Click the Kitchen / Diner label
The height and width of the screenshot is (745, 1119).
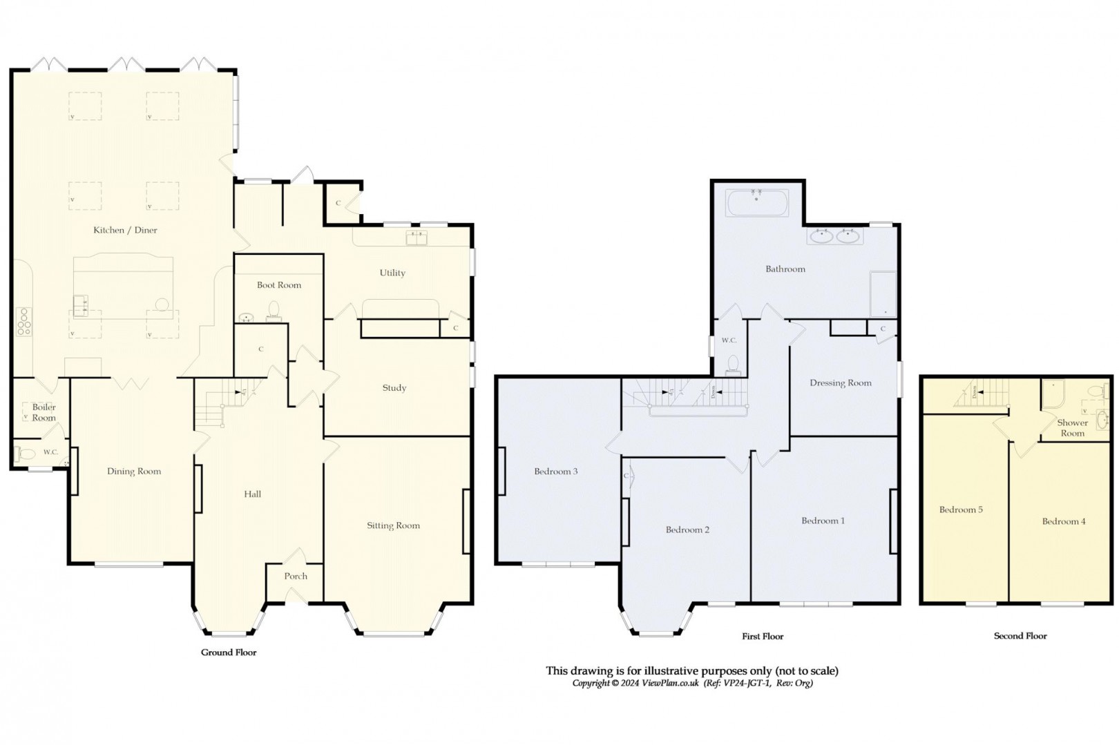(125, 230)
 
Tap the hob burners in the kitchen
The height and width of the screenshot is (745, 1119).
(23, 321)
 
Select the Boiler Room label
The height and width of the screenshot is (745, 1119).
(44, 412)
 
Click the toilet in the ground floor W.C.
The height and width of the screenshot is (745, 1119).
(26, 454)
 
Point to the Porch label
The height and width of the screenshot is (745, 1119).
(296, 576)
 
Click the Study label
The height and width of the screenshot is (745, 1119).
(394, 388)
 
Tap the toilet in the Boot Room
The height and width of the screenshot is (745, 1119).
(273, 310)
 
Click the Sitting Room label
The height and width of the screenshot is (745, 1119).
(393, 525)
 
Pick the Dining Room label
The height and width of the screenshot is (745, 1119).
(134, 472)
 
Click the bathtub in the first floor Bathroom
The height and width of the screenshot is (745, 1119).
(757, 202)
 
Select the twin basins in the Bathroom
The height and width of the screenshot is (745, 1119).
(834, 237)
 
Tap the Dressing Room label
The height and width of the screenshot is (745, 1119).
(840, 383)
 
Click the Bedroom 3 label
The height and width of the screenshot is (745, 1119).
(555, 472)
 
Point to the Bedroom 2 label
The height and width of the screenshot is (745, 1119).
(687, 530)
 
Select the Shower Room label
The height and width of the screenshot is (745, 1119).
(1072, 428)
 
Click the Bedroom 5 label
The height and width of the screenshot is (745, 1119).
(961, 510)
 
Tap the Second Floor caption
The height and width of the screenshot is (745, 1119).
(1020, 636)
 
